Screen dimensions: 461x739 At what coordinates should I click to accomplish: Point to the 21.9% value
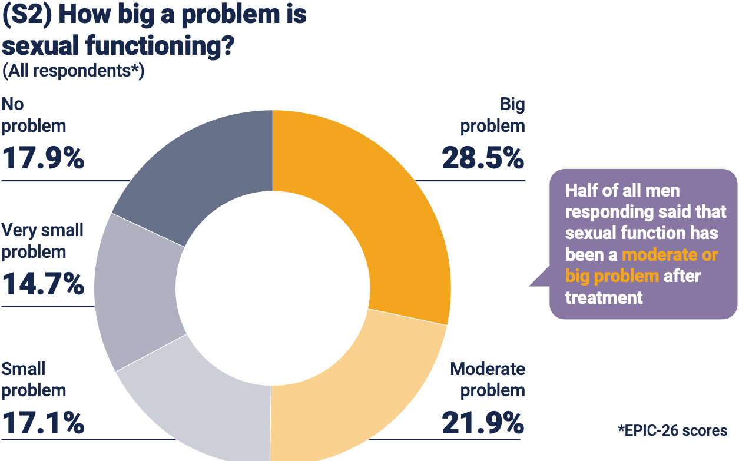coord(483,423)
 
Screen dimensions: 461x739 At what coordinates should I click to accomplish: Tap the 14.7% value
coord(43,284)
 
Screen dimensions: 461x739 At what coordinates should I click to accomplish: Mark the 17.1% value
coord(43,423)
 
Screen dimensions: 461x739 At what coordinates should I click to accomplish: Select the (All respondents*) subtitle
coord(73,71)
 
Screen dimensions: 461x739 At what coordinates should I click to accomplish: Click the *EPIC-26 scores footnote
coord(672,430)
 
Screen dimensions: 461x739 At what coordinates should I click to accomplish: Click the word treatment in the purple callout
coord(604,297)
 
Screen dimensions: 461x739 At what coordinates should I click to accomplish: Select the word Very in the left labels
coord(20,230)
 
